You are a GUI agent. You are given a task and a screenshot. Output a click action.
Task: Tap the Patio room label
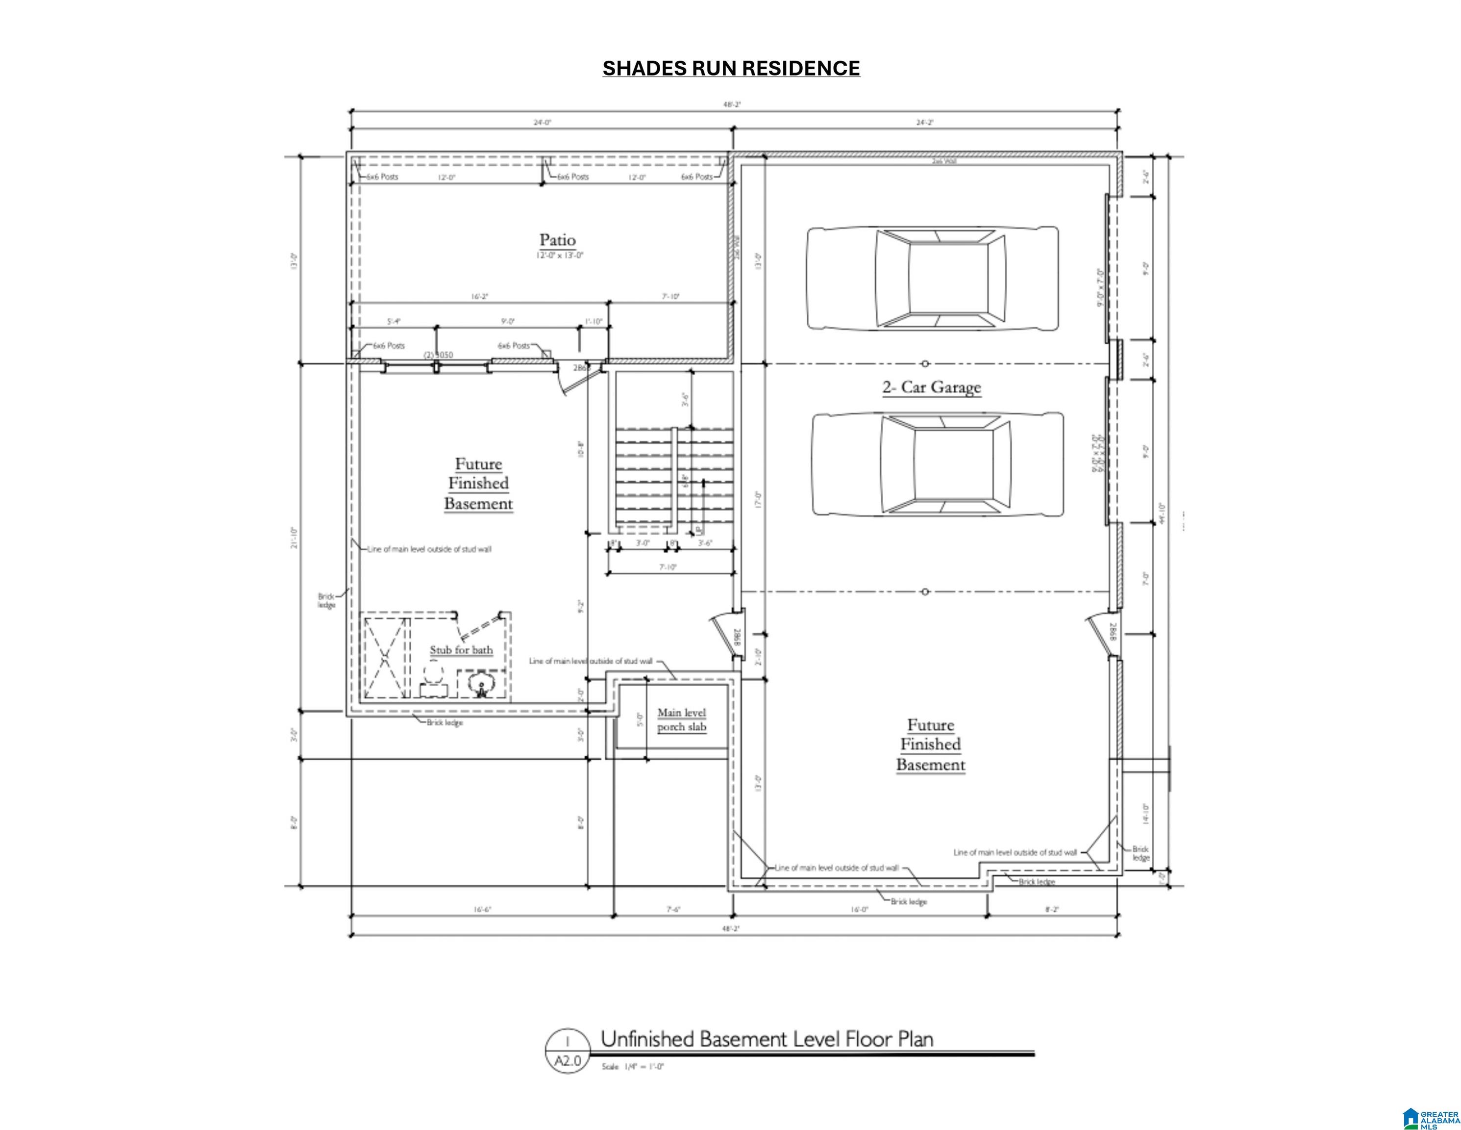(x=557, y=240)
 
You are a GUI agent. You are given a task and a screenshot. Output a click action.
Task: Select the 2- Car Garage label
(x=931, y=387)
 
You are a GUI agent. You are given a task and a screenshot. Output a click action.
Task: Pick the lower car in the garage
(x=937, y=464)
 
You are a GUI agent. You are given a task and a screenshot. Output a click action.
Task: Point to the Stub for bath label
(x=461, y=650)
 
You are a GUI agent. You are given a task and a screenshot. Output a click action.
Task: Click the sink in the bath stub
(x=480, y=684)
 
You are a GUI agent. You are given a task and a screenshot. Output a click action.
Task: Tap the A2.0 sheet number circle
(x=567, y=1051)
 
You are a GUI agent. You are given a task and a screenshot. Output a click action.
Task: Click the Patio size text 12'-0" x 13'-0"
(x=560, y=256)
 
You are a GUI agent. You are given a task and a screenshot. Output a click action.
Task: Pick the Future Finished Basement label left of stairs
(x=478, y=483)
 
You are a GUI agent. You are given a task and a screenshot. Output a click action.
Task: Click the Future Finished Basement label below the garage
(x=931, y=745)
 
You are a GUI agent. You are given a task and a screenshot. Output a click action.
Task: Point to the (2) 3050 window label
(x=438, y=355)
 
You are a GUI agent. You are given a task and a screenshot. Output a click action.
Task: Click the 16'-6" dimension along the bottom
(x=482, y=910)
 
